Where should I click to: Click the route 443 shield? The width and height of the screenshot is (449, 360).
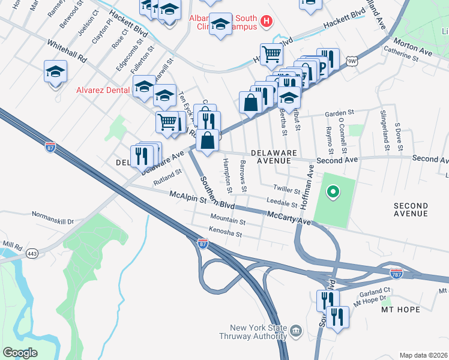pyautogui.click(x=31, y=254)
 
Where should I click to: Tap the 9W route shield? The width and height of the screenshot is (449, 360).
pyautogui.click(x=351, y=61)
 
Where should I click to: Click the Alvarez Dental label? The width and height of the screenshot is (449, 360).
pyautogui.click(x=103, y=91)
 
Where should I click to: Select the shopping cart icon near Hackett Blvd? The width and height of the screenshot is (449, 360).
pyautogui.click(x=271, y=55)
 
